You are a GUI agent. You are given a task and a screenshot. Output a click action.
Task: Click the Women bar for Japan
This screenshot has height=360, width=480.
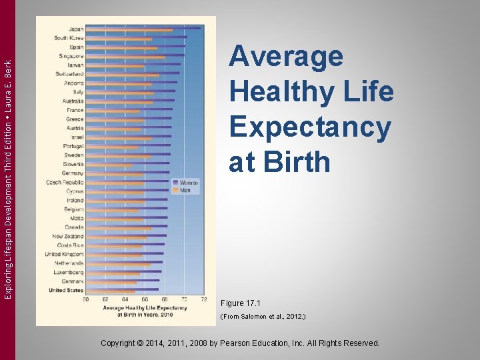tap(143, 27)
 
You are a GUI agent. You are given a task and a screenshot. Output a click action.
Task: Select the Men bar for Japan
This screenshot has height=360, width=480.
tap(129, 31)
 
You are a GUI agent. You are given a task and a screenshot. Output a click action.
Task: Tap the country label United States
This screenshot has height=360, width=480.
tap(66, 291)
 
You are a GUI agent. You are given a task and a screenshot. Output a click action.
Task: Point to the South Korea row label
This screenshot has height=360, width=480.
tap(69, 38)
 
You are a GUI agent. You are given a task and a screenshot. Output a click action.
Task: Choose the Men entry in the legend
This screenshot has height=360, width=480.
tap(185, 190)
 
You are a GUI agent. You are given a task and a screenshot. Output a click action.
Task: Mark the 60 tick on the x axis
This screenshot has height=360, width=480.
tap(86, 299)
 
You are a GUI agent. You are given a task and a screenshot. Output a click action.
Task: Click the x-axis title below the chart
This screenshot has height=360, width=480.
tap(145, 311)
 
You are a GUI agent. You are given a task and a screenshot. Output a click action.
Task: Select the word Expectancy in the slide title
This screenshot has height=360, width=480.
tap(310, 127)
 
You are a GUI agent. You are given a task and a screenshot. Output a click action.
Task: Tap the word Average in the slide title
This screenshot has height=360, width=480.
tap(286, 57)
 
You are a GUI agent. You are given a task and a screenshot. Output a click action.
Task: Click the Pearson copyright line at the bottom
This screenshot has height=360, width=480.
tap(239, 343)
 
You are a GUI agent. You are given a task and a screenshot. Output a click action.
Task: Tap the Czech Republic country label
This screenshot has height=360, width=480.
tap(65, 182)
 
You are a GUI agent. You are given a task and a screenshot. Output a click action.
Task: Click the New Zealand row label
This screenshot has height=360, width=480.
tap(68, 236)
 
